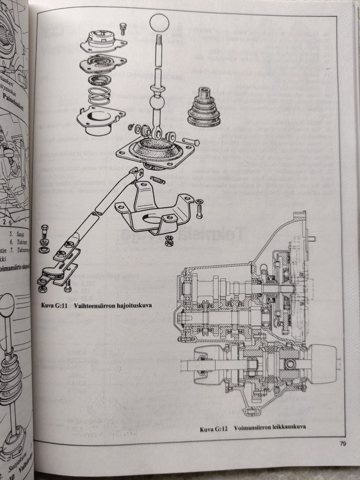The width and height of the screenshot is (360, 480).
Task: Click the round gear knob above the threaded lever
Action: [160, 24]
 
